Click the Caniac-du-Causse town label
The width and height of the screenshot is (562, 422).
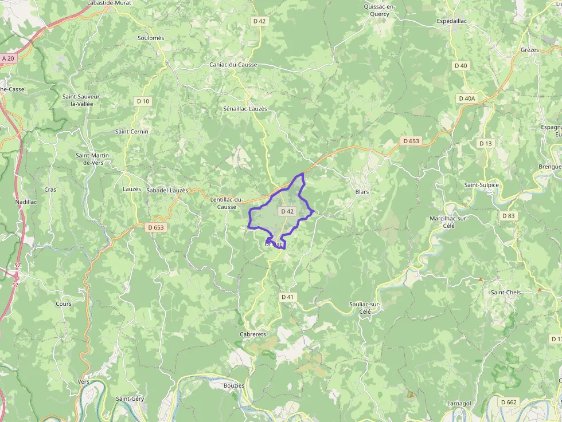tap(233, 65)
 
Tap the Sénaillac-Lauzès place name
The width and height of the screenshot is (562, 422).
tap(245, 108)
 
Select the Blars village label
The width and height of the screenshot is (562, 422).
tap(362, 192)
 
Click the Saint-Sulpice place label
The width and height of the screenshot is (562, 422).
tap(481, 185)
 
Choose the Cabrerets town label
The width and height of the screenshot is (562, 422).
tap(252, 334)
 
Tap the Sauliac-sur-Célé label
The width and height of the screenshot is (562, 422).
tap(365, 307)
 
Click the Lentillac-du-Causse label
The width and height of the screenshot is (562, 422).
tap(227, 203)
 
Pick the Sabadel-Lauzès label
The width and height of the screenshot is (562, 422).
tap(167, 190)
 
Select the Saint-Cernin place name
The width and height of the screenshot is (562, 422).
tap(131, 132)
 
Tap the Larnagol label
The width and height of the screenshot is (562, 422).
tap(459, 403)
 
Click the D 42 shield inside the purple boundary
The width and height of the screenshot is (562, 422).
tap(287, 211)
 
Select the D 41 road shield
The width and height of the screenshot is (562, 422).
tap(287, 297)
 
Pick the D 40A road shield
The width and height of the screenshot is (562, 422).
tap(467, 98)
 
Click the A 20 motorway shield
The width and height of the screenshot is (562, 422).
tap(7, 58)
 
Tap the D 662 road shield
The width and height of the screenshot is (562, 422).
tap(508, 402)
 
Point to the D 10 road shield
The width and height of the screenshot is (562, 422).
tap(143, 101)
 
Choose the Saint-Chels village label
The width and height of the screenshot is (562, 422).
tap(505, 293)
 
